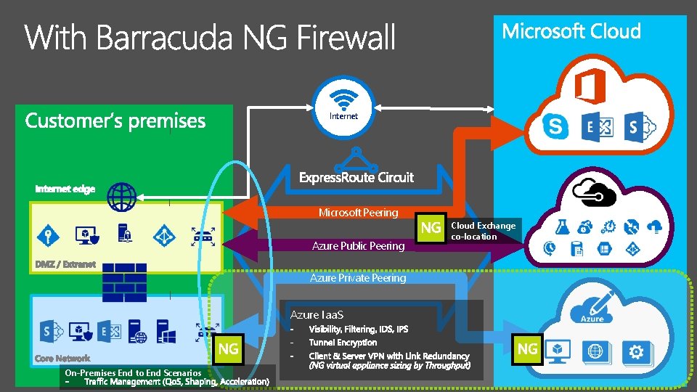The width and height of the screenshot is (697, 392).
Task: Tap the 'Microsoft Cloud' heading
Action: [x=571, y=31]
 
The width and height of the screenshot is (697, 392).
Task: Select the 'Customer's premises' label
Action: [x=115, y=121]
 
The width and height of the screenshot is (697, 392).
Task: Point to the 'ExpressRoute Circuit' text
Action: [x=356, y=177]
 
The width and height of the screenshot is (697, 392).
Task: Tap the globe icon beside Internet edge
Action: [x=120, y=196]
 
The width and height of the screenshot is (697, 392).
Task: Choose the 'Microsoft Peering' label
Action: [x=358, y=213]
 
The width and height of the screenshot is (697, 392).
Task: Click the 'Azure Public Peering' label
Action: [x=358, y=246]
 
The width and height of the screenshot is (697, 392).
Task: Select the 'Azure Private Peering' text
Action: [x=358, y=278]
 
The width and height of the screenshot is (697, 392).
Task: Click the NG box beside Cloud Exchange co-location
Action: [x=431, y=228]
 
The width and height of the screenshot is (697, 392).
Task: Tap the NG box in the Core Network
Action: [x=228, y=349]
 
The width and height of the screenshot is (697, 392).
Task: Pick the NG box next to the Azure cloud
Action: [x=527, y=349]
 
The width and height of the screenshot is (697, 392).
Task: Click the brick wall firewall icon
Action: [x=124, y=277]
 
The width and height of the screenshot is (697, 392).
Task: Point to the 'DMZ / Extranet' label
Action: [x=65, y=264]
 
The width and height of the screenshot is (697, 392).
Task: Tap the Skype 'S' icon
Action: [x=555, y=127]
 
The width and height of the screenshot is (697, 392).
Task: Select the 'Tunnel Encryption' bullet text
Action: [x=343, y=343]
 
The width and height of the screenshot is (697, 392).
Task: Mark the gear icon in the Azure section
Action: [x=637, y=352]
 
